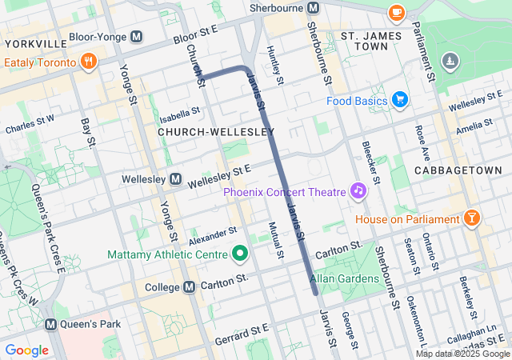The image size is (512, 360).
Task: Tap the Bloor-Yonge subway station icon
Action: pyautogui.click(x=137, y=37)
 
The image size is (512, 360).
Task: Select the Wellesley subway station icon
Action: pyautogui.click(x=175, y=178)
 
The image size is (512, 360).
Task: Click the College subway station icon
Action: pyautogui.click(x=190, y=287)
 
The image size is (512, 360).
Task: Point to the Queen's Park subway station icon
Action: pyautogui.click(x=51, y=324)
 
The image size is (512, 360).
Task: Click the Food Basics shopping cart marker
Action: pyautogui.click(x=400, y=100)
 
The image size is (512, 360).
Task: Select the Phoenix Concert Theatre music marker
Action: pyautogui.click(x=358, y=190)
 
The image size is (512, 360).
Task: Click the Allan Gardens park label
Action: pyautogui.click(x=344, y=278)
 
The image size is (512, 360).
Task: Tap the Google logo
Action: pyautogui.click(x=26, y=350)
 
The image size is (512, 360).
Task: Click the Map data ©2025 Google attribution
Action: pyautogui.click(x=462, y=354)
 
